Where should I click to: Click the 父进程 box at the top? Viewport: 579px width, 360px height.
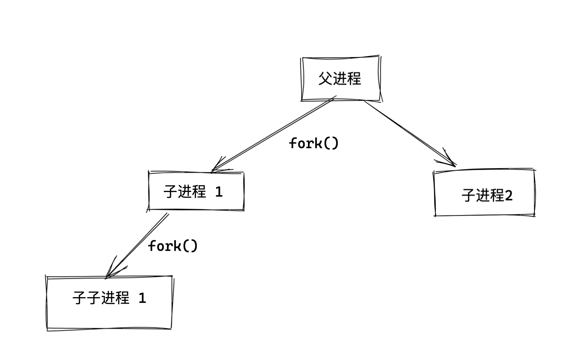pos(340,78)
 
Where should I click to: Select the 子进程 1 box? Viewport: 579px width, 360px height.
pos(196,191)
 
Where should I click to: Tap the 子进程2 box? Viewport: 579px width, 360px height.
pos(484,192)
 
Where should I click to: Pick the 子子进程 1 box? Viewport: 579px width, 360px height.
pos(109,303)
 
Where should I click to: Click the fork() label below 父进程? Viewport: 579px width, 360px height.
pos(314,143)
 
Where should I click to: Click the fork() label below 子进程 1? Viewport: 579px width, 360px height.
pos(173,246)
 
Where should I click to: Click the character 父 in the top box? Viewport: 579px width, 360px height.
pos(325,78)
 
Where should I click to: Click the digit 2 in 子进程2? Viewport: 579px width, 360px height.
pos(509,196)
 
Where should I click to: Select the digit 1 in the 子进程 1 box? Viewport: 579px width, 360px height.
pos(219,192)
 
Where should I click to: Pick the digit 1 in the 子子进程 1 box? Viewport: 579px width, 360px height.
pos(142,298)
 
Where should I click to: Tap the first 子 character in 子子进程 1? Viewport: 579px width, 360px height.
pos(79,298)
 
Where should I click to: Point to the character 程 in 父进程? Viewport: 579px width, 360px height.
pos(354,78)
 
